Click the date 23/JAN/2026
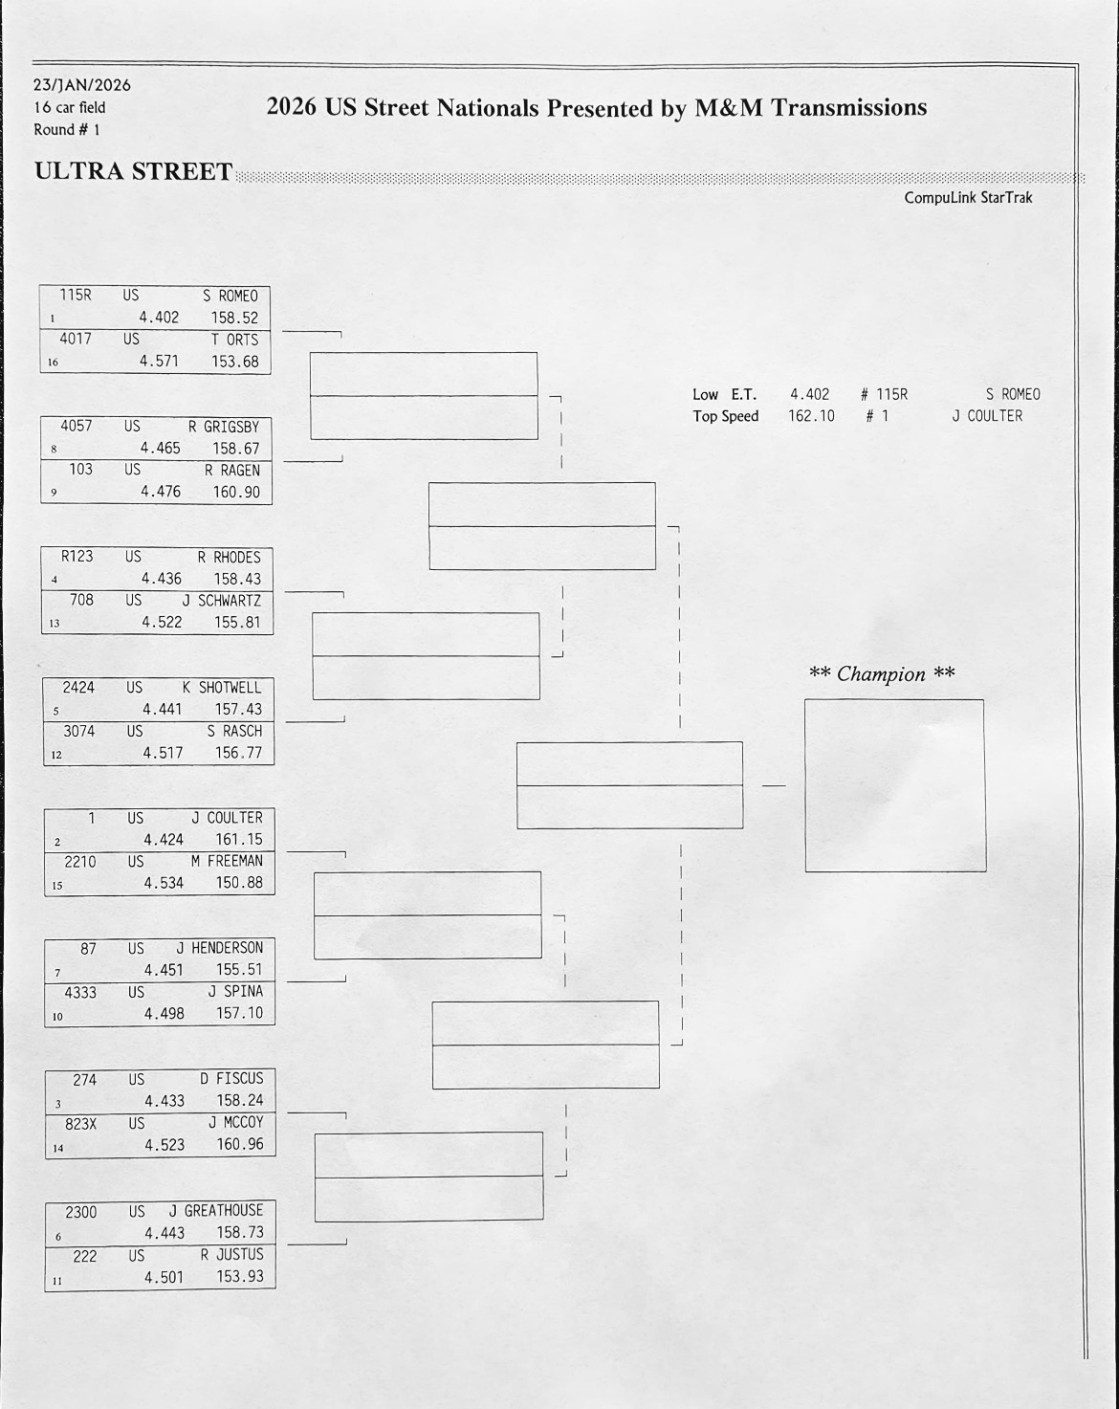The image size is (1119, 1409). (82, 85)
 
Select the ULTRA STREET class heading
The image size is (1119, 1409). (133, 171)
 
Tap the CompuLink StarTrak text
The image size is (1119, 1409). (968, 198)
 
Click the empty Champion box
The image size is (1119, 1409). (894, 785)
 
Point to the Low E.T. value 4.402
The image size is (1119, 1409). (809, 394)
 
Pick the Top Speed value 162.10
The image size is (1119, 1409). (811, 416)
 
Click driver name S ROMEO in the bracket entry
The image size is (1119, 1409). (230, 297)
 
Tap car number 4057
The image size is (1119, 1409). (77, 426)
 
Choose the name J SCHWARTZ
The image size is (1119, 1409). (222, 601)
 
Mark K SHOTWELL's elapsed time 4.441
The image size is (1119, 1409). (162, 709)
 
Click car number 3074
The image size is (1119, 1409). (79, 731)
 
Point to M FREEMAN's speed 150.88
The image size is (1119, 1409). (239, 883)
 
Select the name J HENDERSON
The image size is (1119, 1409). (220, 948)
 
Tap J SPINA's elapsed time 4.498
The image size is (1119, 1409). (165, 1013)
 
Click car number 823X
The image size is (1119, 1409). (81, 1123)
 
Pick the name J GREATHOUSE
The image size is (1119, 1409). (216, 1211)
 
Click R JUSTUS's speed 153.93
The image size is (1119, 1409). (240, 1276)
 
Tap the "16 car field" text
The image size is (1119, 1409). (70, 107)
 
